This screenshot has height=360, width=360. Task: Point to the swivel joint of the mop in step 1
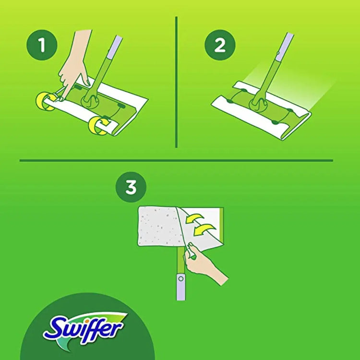[89, 98]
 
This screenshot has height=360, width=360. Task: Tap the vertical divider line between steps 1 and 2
[177, 82]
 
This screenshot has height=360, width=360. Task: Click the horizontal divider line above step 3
[176, 160]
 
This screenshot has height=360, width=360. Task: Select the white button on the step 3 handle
[180, 278]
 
